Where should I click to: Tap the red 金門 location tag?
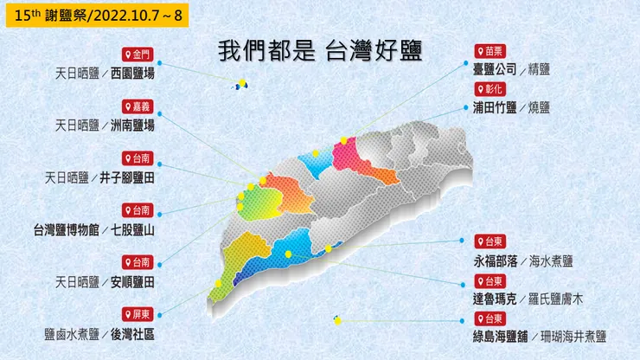(138, 55)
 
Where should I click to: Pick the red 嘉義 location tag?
(138, 106)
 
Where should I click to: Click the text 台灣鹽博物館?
(64, 230)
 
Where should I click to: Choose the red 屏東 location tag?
(138, 313)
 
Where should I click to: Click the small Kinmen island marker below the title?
(240, 84)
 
